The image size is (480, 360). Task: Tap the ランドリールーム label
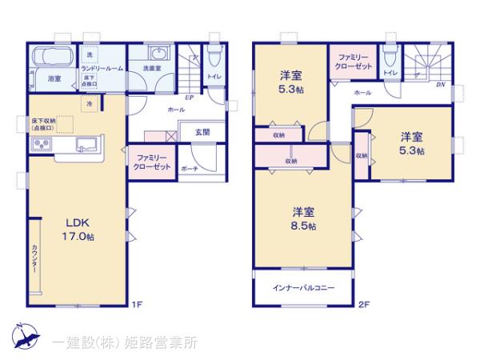(x=101, y=70)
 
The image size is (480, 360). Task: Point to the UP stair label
(x=190, y=98)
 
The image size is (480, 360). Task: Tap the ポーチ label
(x=190, y=169)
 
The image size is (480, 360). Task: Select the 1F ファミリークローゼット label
(x=151, y=162)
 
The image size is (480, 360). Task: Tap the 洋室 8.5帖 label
(x=303, y=219)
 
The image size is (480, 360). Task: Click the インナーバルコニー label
(x=305, y=288)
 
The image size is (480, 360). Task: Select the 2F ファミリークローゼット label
(x=352, y=63)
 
